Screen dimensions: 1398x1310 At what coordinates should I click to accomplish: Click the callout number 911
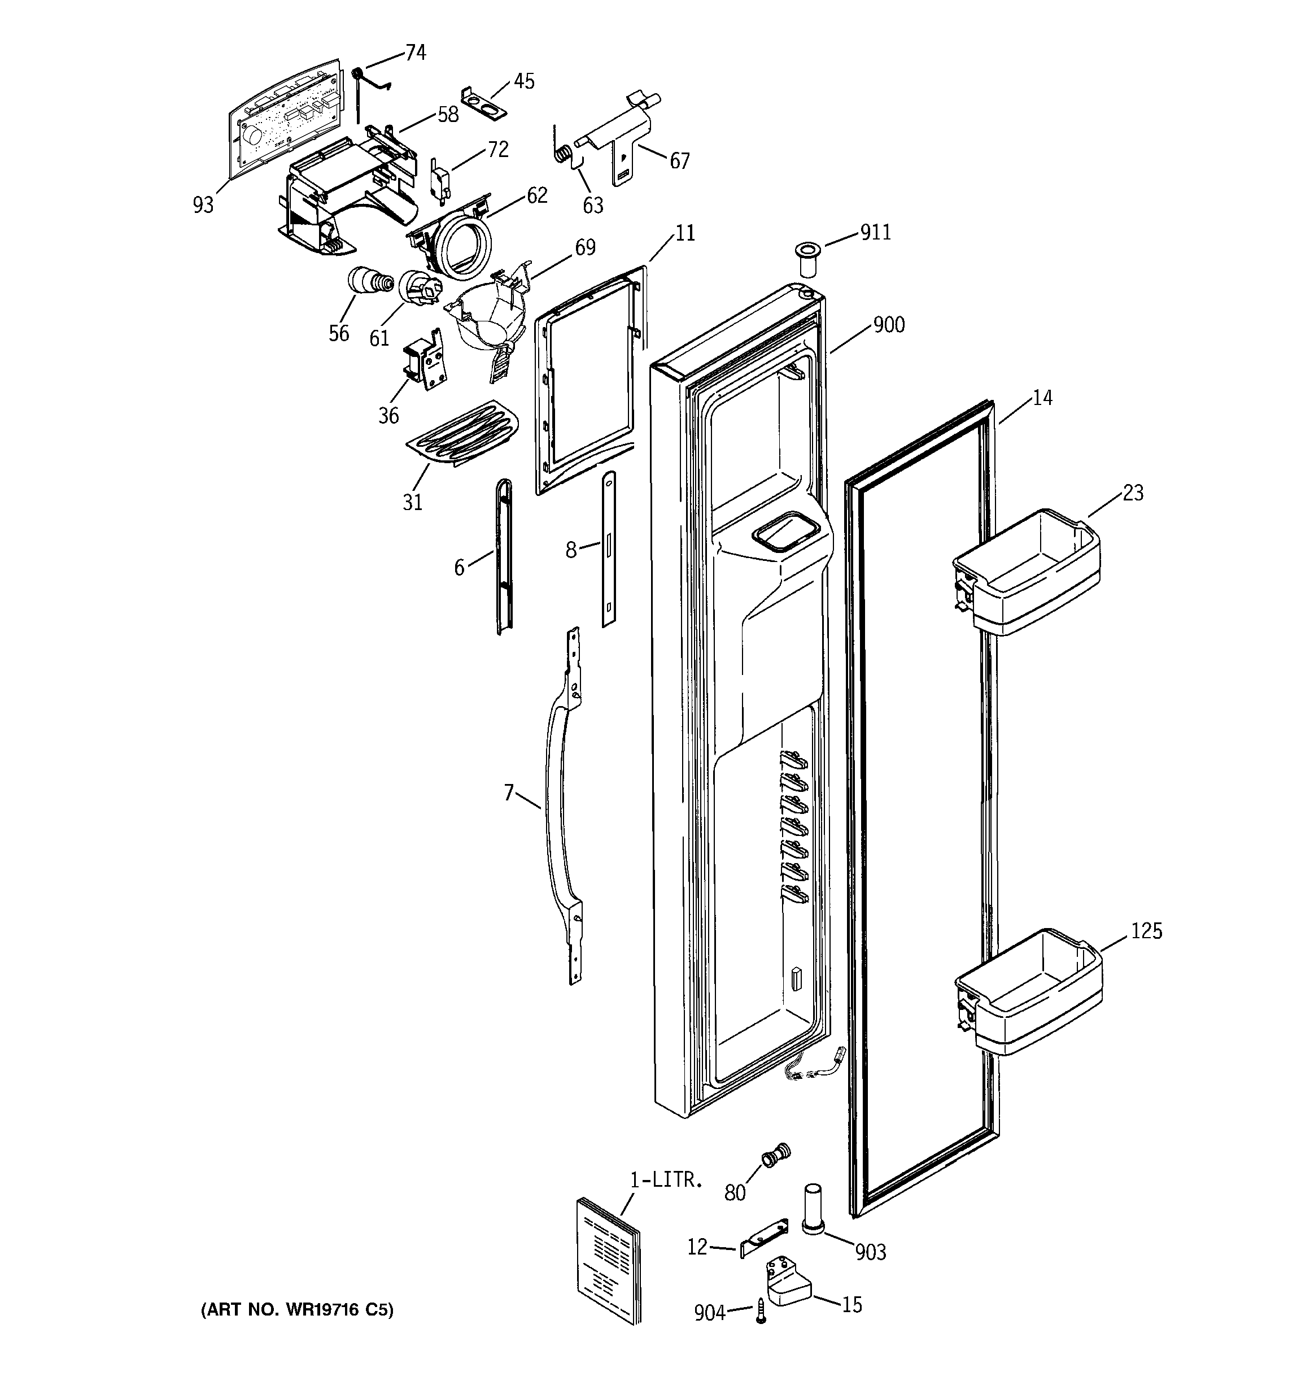[x=875, y=232]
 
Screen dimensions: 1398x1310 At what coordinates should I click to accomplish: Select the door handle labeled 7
[x=556, y=809]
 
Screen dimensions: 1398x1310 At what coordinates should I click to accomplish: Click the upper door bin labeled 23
[x=1027, y=573]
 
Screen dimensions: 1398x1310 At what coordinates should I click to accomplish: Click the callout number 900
[x=889, y=325]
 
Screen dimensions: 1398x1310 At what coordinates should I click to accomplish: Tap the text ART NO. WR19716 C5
[x=298, y=1310]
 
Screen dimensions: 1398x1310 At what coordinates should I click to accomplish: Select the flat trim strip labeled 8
[x=609, y=548]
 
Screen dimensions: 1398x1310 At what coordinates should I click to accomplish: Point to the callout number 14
[x=1042, y=398]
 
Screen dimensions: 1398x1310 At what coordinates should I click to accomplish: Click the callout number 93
[x=203, y=206]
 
